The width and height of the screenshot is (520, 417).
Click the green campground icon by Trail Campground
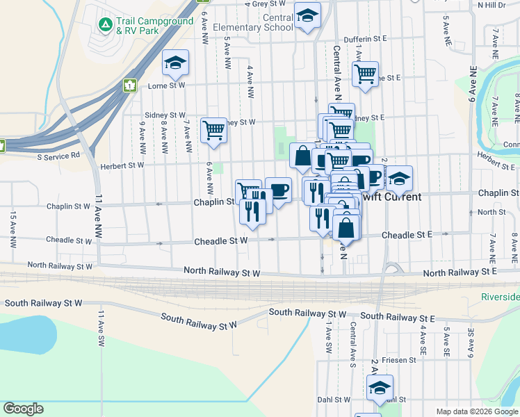point(105,25)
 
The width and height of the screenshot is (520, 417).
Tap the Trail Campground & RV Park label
point(154,26)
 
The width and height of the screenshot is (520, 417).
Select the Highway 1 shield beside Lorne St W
point(129,85)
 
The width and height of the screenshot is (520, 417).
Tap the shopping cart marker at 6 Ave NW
point(214,130)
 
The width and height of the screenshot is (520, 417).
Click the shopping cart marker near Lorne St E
point(365,73)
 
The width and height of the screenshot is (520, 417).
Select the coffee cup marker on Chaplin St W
point(278,190)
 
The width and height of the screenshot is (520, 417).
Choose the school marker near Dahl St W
point(380,388)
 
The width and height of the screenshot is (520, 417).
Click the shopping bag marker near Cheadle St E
point(346,227)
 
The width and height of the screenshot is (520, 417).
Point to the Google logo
point(23,409)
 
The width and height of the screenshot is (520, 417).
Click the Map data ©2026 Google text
point(477,411)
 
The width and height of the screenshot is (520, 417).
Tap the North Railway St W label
point(222,272)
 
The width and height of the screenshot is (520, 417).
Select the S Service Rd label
point(58,156)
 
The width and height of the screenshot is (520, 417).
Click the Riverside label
point(500,297)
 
